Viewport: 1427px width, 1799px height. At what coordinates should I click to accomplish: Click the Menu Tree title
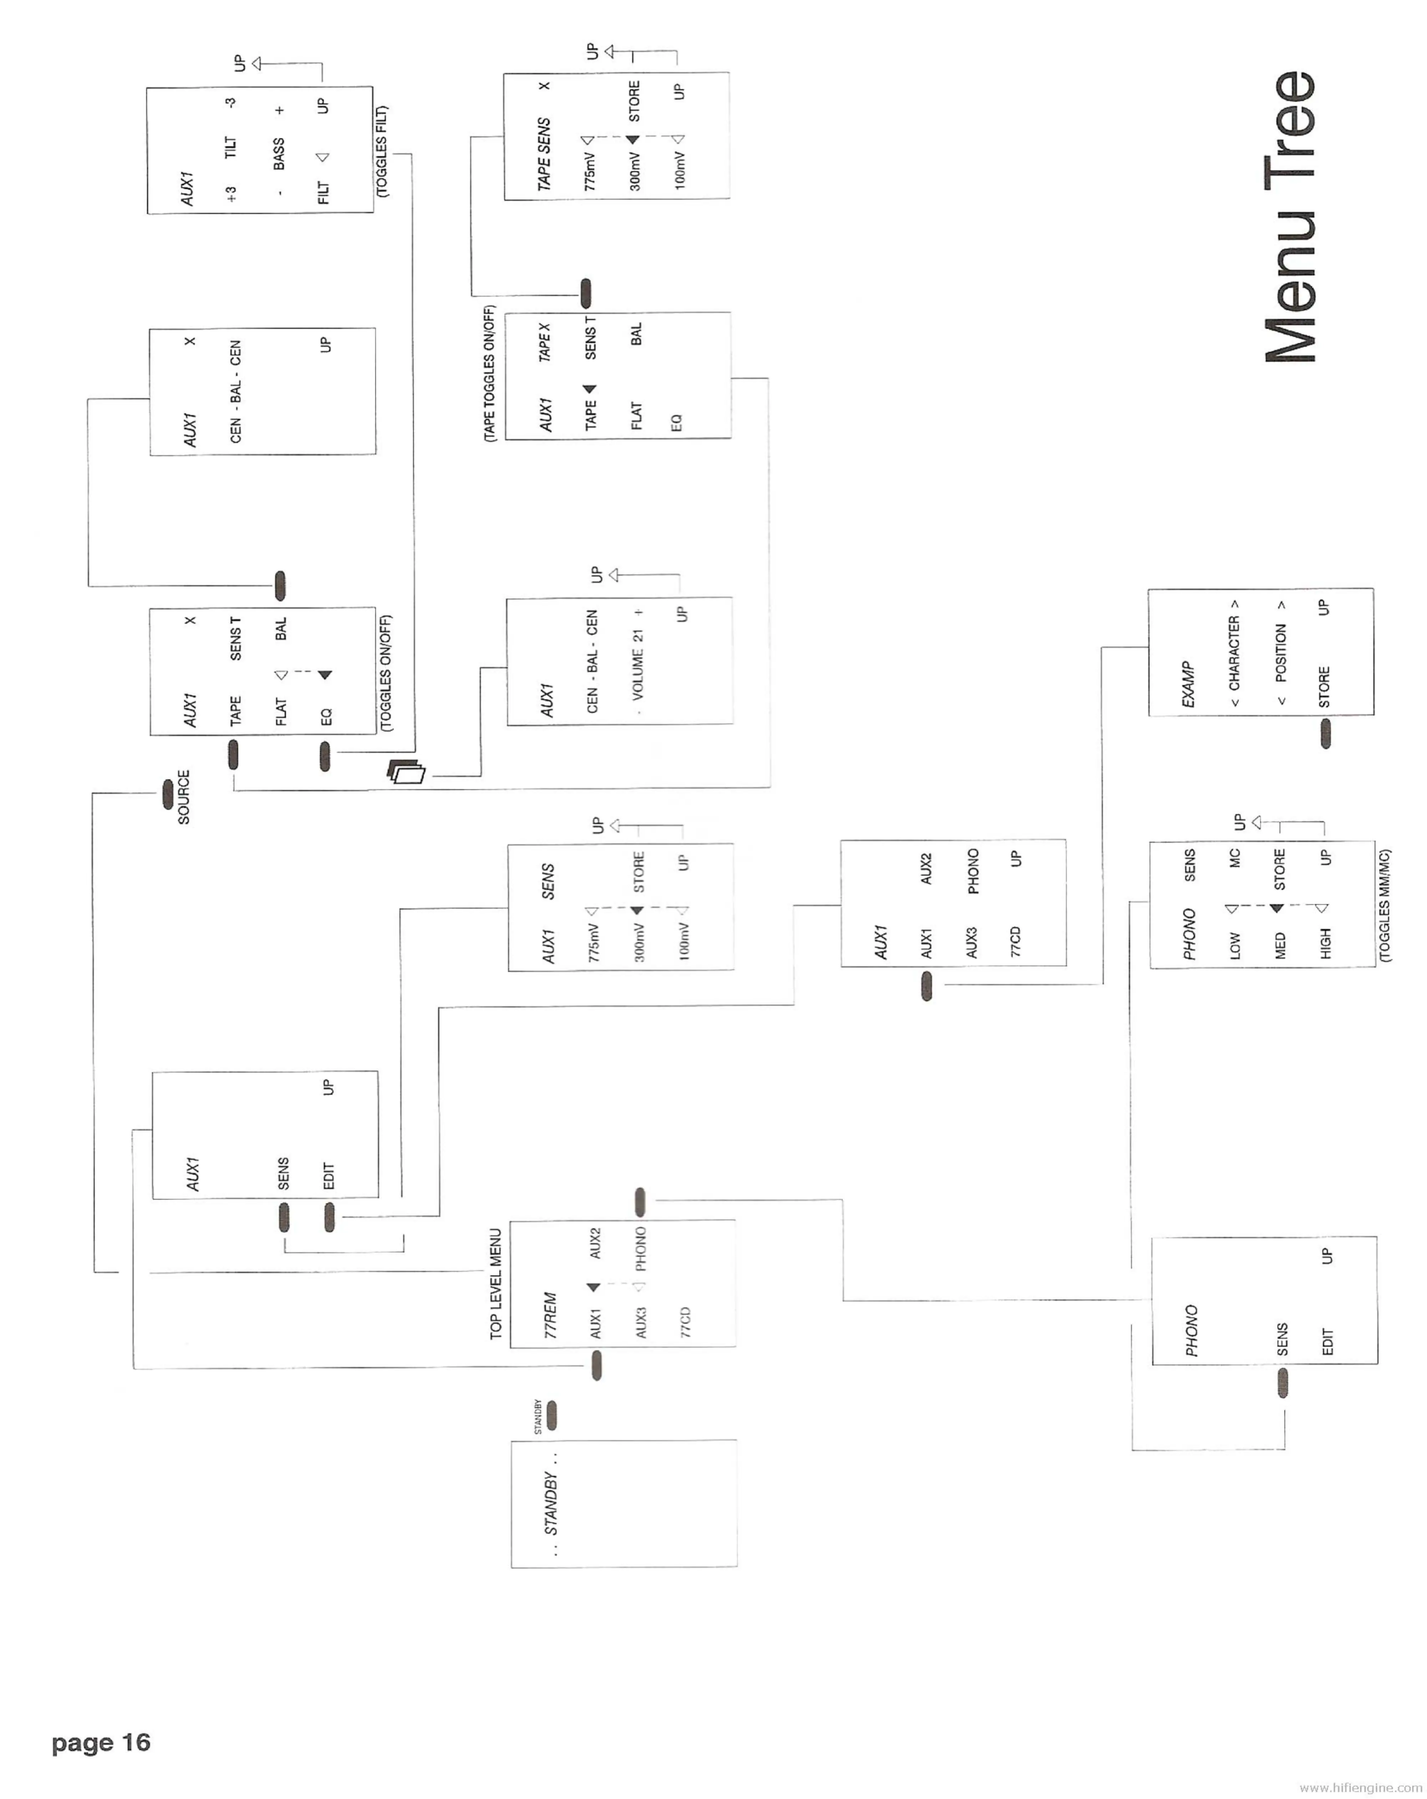pos(1289,217)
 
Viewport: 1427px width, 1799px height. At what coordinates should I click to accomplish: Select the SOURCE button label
pos(184,797)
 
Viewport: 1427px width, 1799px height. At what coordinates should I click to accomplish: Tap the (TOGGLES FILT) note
pos(382,151)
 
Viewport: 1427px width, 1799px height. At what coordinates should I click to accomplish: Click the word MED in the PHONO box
pos(1280,946)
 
